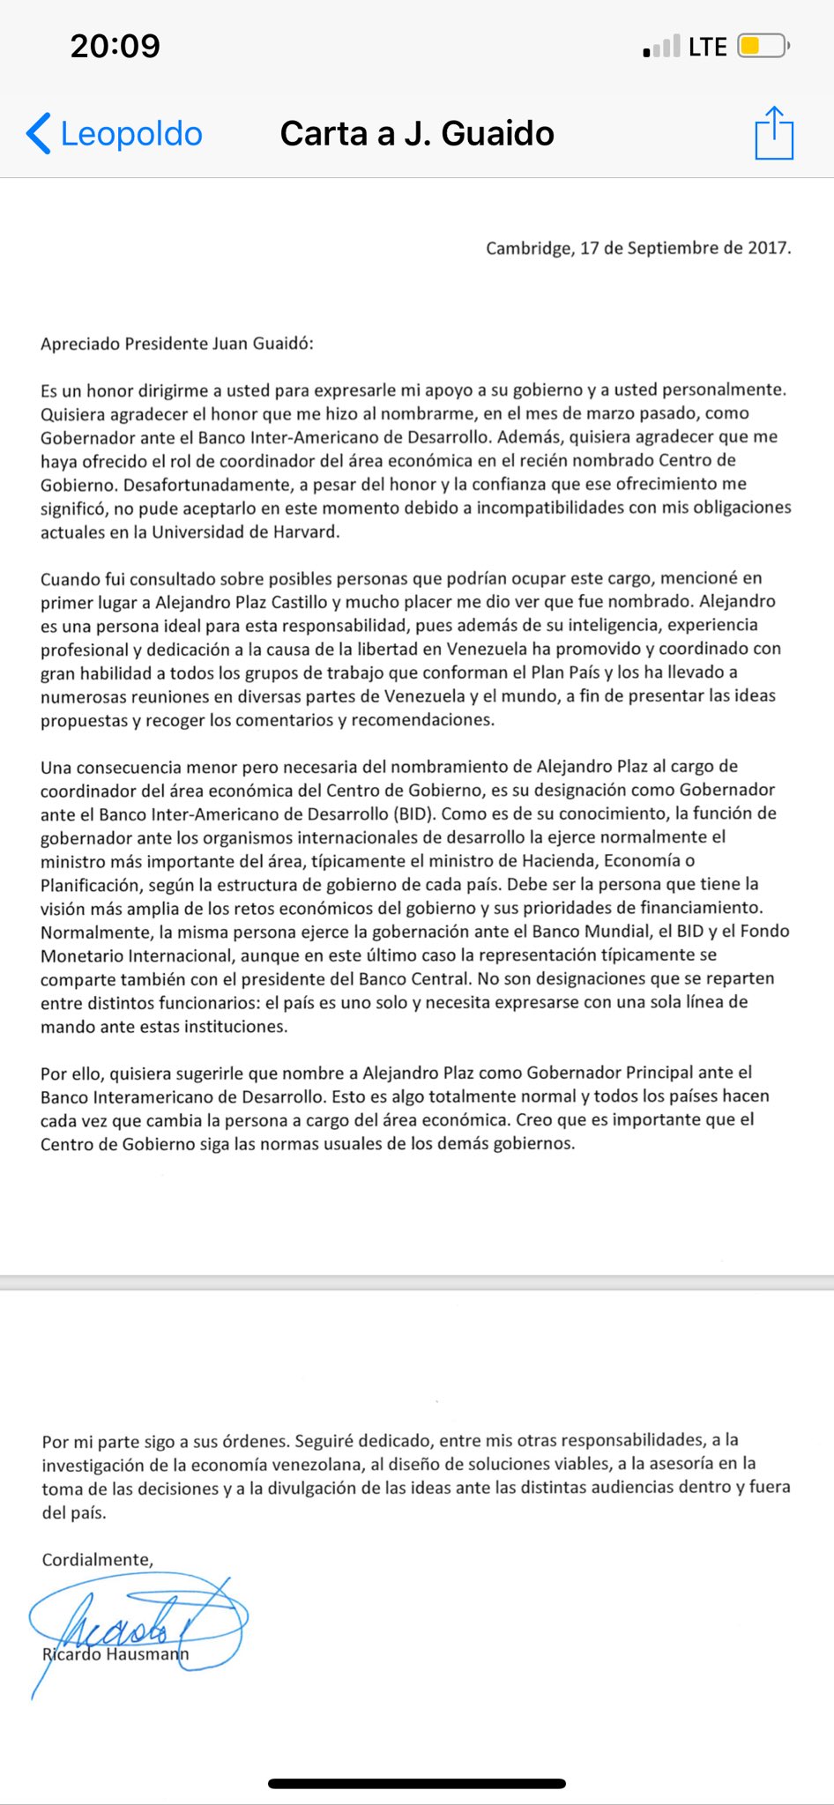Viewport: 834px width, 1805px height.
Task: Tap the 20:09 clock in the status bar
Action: coord(115,46)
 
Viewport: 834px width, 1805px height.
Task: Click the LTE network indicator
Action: coord(707,47)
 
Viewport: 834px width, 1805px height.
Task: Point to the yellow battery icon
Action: coord(762,46)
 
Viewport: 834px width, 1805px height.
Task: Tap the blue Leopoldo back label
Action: coord(131,134)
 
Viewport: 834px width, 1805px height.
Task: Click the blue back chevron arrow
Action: coord(38,134)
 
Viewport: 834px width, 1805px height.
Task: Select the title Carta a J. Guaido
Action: coord(417,134)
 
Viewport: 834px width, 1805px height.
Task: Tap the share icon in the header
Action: coord(774,133)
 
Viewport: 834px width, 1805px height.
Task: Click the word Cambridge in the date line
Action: coord(528,249)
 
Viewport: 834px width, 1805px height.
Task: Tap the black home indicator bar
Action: coord(417,1783)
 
